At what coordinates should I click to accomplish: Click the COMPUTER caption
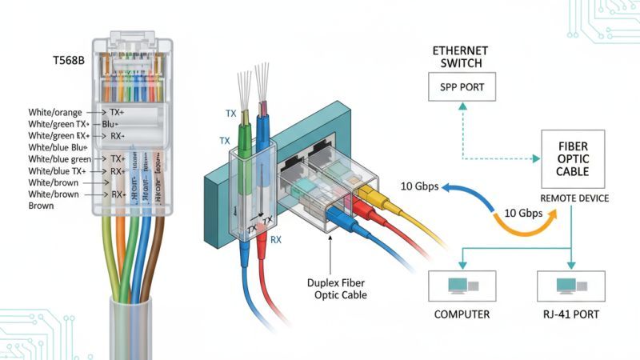462,314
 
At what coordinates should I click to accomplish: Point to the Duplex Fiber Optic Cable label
336,289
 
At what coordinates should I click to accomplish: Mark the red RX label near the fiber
274,238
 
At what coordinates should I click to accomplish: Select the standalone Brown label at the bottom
41,206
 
